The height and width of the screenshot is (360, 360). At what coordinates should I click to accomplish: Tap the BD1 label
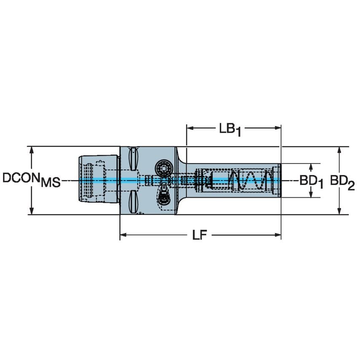tap(312, 181)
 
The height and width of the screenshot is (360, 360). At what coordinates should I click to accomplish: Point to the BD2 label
tap(342, 181)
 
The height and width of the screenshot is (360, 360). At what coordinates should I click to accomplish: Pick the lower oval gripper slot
tap(133, 201)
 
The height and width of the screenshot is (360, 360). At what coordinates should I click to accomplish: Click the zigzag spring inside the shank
tap(249, 180)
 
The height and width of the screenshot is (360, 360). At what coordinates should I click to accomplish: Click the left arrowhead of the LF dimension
tap(123, 235)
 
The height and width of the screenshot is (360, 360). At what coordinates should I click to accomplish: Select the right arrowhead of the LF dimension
tap(278, 235)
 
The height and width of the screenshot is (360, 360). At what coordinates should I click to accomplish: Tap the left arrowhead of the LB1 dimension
tap(189, 127)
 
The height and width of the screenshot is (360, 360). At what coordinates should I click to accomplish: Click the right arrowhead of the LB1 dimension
tap(278, 127)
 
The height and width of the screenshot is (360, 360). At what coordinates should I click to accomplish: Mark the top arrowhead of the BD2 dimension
tap(340, 150)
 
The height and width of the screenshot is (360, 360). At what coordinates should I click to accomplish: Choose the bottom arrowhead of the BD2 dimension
tap(340, 212)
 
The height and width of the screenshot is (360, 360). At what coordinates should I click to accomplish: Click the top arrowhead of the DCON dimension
tap(31, 150)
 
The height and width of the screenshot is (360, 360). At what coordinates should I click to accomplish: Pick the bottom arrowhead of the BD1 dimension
tap(311, 195)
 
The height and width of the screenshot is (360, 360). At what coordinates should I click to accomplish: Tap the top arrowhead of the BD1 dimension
tap(311, 167)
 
